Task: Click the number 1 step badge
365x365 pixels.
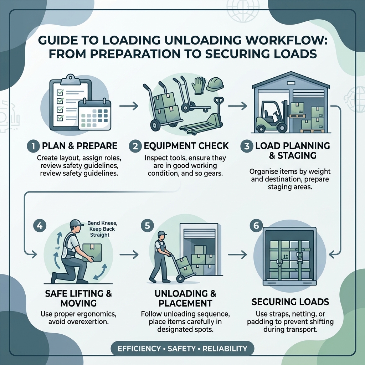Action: tap(32, 146)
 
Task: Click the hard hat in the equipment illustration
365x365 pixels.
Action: tap(216, 84)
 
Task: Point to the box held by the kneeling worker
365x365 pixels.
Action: tap(92, 252)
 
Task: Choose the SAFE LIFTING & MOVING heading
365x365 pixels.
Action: tap(78, 299)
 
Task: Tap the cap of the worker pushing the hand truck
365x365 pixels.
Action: tap(162, 233)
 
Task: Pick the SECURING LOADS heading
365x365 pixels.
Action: tap(290, 302)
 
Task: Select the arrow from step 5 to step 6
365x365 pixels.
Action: tap(237, 255)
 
